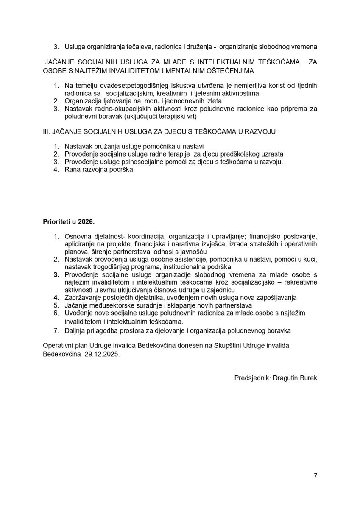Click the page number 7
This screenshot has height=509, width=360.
(315, 475)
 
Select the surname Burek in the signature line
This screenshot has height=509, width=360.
(308, 377)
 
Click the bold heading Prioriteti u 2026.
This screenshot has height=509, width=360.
(69, 222)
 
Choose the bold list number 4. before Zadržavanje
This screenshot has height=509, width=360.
(56, 297)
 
